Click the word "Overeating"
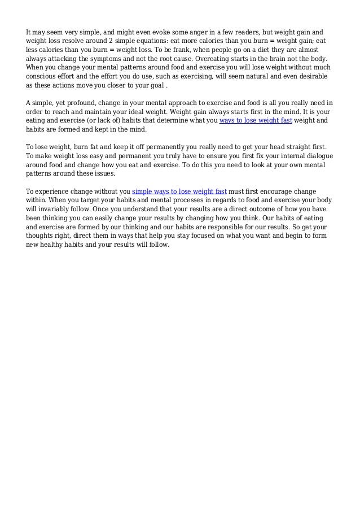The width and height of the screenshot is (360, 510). pyautogui.click(x=213, y=58)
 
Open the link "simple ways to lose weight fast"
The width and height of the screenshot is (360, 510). pyautogui.click(x=179, y=191)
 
